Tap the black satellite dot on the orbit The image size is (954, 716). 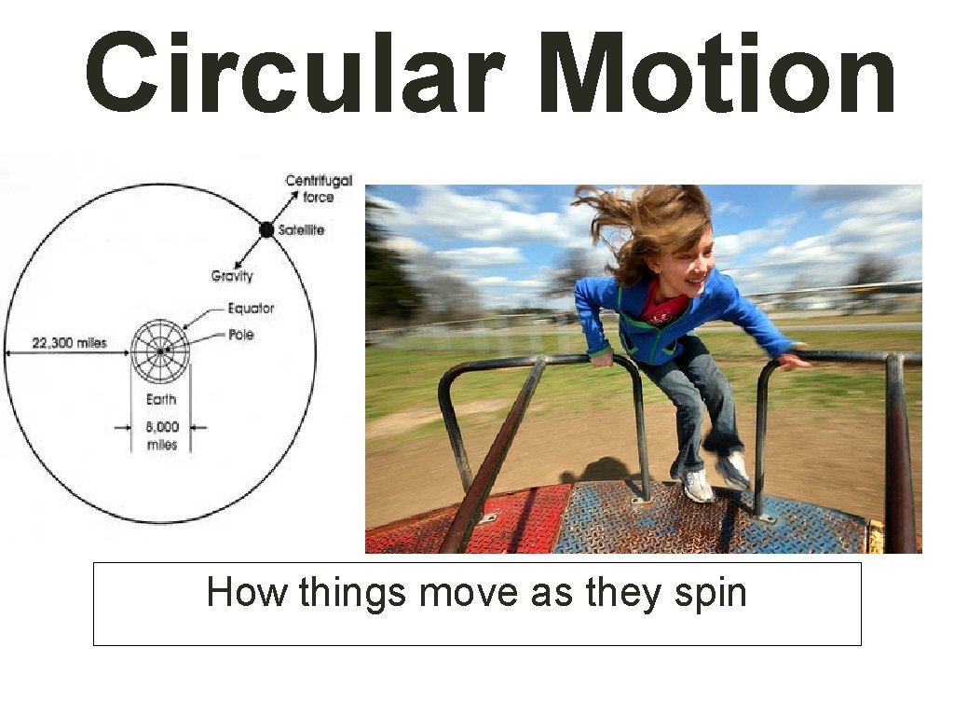pyautogui.click(x=266, y=229)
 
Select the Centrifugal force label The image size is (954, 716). pyautogui.click(x=319, y=188)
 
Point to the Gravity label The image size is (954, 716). pyautogui.click(x=232, y=276)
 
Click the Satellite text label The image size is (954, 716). pyautogui.click(x=301, y=229)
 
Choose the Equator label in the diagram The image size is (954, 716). pyautogui.click(x=251, y=309)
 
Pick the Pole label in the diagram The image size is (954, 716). pyautogui.click(x=240, y=334)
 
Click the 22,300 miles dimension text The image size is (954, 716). pyautogui.click(x=70, y=343)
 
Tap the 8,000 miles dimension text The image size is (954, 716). pyautogui.click(x=161, y=435)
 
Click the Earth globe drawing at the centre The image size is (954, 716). pyautogui.click(x=160, y=350)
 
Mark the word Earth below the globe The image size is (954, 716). pyautogui.click(x=161, y=399)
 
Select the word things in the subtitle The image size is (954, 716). pyautogui.click(x=351, y=592)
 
